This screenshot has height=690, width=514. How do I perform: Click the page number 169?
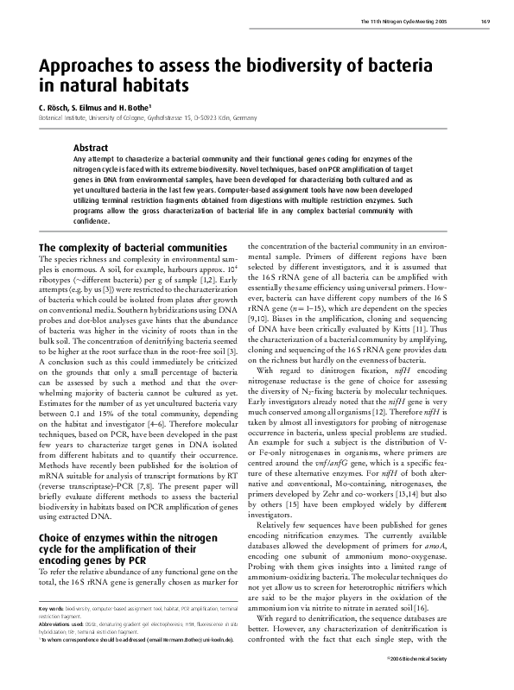click(x=487, y=21)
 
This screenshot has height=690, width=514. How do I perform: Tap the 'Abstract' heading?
click(x=91, y=148)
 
